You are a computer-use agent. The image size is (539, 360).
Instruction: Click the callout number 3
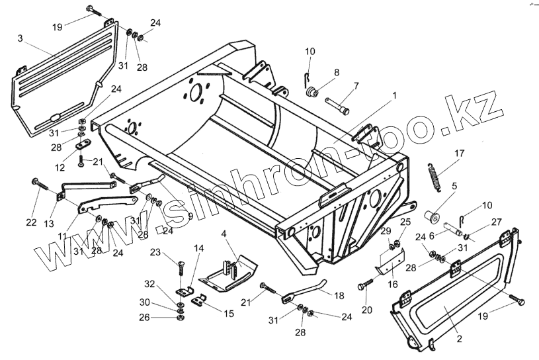coord(21,38)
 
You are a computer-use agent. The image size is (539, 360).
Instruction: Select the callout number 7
coord(356,85)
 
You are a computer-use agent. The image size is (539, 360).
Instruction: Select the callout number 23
coord(155,251)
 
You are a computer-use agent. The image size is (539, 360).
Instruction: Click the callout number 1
coord(394,96)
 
